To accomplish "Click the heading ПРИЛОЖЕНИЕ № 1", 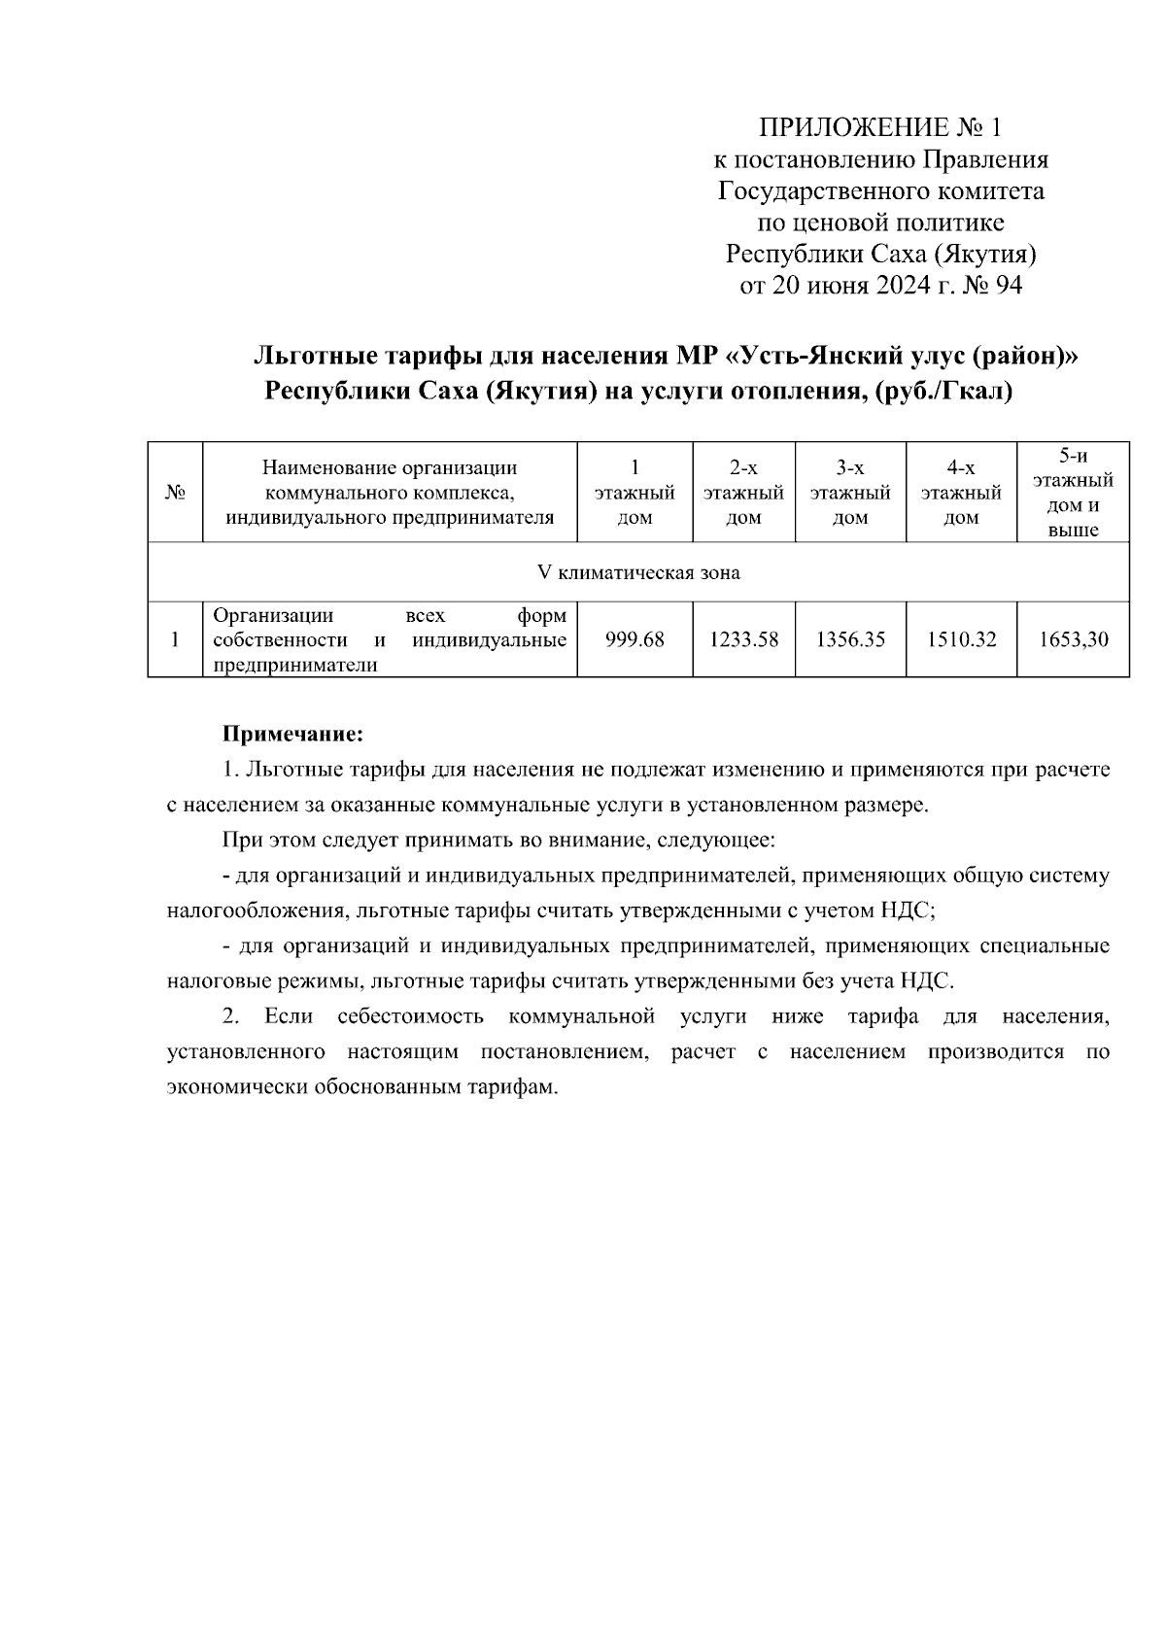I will pyautogui.click(x=880, y=127).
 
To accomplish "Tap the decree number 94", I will pyautogui.click(x=1009, y=286).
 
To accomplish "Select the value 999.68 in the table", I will pyautogui.click(x=634, y=640).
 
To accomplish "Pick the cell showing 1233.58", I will pyautogui.click(x=743, y=640).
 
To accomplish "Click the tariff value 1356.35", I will pyautogui.click(x=850, y=640).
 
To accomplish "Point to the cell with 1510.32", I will pyautogui.click(x=961, y=640).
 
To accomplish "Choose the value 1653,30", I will pyautogui.click(x=1073, y=640).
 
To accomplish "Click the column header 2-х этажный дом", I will pyautogui.click(x=743, y=493).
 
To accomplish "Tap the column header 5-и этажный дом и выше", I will pyautogui.click(x=1073, y=493).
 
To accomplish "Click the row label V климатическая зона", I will pyautogui.click(x=638, y=572).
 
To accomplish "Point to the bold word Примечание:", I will pyautogui.click(x=292, y=732).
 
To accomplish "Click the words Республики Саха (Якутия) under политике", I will pyautogui.click(x=880, y=255).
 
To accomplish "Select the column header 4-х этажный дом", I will pyautogui.click(x=961, y=493).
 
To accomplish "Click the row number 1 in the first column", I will pyautogui.click(x=175, y=640).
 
